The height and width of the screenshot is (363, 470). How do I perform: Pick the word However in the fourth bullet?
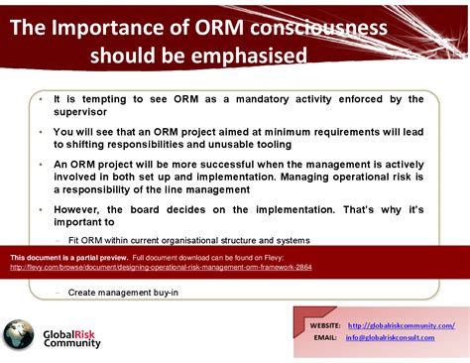pos(78,209)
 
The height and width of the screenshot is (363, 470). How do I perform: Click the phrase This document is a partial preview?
pos(68,257)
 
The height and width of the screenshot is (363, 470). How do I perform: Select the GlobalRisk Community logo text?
pos(72,336)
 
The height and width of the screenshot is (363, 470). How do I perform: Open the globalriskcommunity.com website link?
pos(402,325)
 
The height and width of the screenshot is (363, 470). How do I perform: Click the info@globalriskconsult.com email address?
pos(391,337)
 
